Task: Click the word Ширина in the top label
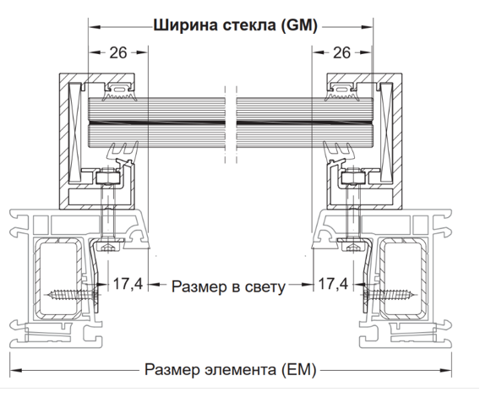(x=186, y=25)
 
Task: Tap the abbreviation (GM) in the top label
(x=299, y=25)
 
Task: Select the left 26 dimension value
(x=118, y=52)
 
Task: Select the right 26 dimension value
(x=341, y=52)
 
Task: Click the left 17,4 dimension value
(x=128, y=284)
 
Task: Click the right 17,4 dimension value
(x=333, y=284)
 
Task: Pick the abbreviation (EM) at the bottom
(x=298, y=370)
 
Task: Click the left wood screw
(x=73, y=296)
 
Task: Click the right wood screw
(x=389, y=296)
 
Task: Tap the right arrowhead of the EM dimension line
(x=445, y=371)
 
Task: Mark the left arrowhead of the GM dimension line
(x=95, y=27)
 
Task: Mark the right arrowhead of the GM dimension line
(x=367, y=27)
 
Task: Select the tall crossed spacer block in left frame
(x=75, y=132)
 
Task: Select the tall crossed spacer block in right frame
(x=386, y=132)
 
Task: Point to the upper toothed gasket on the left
(x=120, y=91)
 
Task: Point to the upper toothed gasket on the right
(x=341, y=91)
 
